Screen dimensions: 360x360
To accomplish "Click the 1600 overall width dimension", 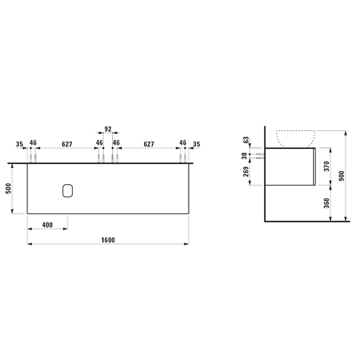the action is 108,240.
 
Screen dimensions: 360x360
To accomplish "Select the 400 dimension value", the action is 48,225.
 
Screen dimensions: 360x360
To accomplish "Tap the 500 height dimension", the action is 9,189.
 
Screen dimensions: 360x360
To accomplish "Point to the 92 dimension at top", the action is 108,129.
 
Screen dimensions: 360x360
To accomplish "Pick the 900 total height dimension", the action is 341,176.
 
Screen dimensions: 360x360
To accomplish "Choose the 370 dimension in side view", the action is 327,166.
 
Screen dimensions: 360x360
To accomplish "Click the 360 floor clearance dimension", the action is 327,203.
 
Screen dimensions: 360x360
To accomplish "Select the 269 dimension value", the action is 246,171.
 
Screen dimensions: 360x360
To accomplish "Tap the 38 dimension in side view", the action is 245,156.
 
